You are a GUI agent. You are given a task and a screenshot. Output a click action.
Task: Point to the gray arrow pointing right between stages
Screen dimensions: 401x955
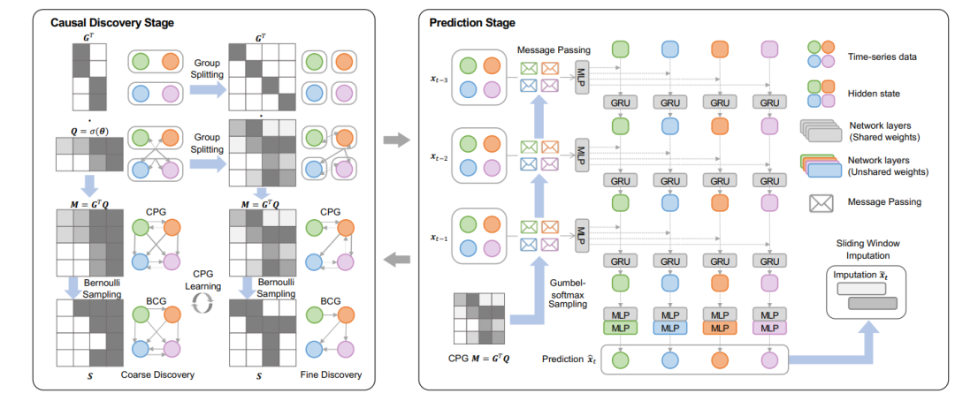point(400,139)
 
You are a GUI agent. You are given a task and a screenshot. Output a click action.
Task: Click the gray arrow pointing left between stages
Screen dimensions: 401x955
point(400,258)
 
